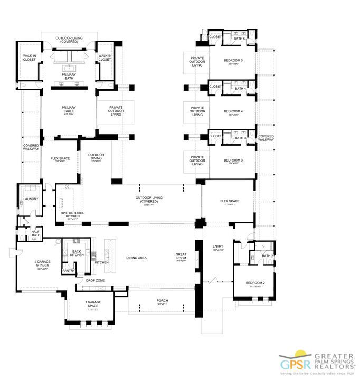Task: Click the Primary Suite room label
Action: (69, 110)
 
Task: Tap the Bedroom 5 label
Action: (233, 61)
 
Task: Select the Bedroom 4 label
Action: (233, 111)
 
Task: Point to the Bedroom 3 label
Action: (233, 160)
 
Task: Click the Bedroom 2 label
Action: (255, 283)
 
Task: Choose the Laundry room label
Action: (28, 199)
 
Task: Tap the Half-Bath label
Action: (35, 233)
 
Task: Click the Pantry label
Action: (69, 270)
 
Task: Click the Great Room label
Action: (181, 256)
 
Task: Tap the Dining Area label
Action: (136, 258)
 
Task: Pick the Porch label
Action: (162, 301)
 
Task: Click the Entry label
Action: (217, 246)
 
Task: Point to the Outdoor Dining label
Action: (96, 156)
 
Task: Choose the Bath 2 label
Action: (268, 256)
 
